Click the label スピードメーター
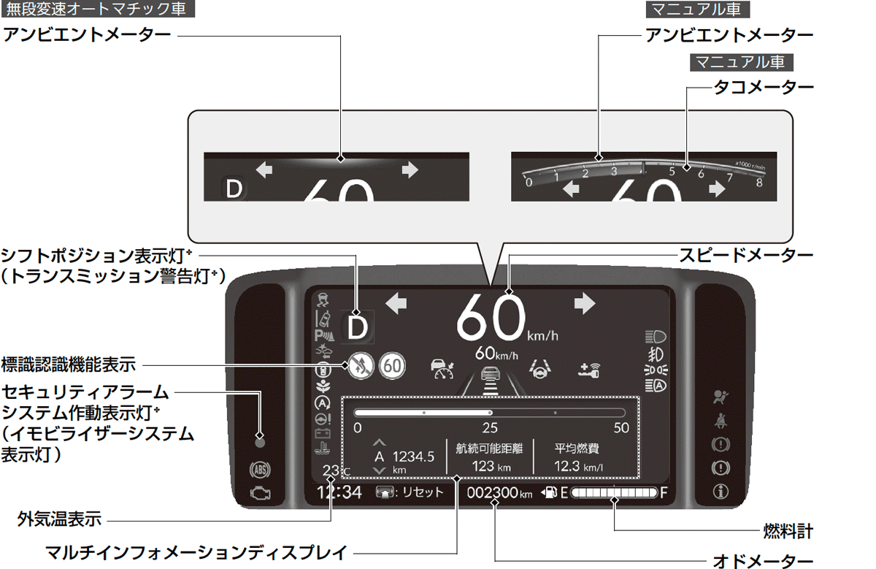click(745, 256)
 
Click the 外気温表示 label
click(60, 520)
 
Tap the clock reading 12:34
click(339, 492)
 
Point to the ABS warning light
click(259, 468)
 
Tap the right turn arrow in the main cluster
click(585, 303)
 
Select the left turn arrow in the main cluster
click(396, 303)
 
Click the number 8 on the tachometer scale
click(759, 183)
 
